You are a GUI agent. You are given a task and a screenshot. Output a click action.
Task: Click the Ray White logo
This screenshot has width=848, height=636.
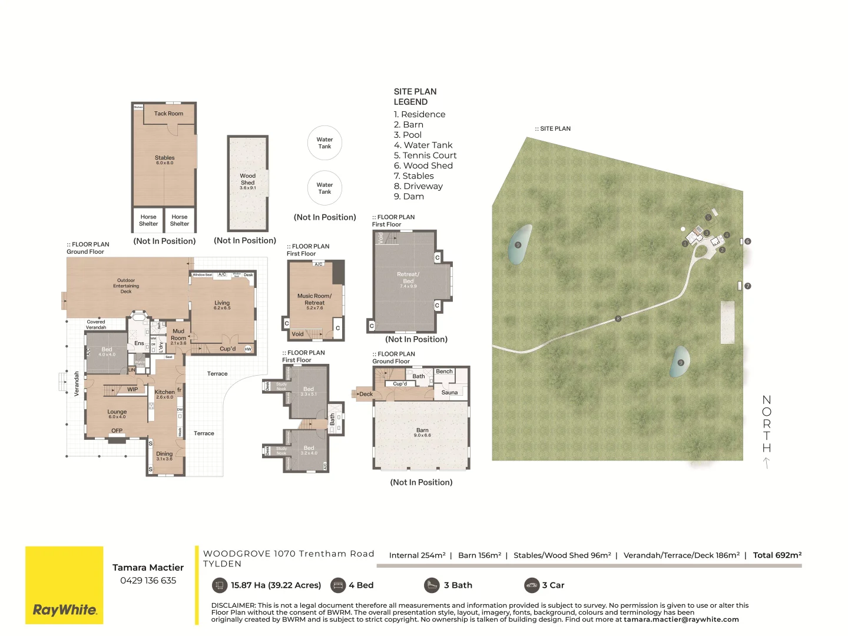[64, 609]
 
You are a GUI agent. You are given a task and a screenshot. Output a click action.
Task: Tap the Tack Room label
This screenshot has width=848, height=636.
[168, 114]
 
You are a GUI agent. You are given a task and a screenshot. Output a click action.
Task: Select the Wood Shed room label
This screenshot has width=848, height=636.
[248, 180]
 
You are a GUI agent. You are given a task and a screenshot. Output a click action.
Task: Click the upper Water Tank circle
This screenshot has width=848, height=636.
[324, 143]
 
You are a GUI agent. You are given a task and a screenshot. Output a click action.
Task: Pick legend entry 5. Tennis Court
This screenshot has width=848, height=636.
[425, 155]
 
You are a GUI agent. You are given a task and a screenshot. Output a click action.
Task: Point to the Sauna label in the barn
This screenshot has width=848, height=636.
[449, 393]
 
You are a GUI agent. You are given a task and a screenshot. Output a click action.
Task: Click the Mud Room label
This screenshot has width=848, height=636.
[178, 334]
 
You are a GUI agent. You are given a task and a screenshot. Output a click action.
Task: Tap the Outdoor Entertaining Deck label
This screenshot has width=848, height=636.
[126, 286]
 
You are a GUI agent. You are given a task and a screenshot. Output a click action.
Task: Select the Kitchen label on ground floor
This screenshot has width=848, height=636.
[164, 392]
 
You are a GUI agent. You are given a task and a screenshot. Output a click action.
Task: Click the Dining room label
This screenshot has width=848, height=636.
[164, 454]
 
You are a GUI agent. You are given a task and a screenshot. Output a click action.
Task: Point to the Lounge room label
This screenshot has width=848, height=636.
[117, 412]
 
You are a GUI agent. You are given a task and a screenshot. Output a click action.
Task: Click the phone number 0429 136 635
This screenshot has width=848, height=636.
[148, 581]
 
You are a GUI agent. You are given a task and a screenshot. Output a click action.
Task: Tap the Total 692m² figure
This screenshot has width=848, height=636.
[777, 555]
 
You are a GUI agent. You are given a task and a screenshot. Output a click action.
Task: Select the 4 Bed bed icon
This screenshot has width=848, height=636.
[338, 585]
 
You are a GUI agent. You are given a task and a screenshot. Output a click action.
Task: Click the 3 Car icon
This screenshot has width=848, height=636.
[532, 585]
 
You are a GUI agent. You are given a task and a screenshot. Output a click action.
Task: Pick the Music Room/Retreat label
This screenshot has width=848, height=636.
[314, 300]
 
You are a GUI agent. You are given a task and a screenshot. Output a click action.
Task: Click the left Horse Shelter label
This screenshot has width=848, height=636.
[148, 220]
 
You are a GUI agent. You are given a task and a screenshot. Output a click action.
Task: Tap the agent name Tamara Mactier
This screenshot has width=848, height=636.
[148, 568]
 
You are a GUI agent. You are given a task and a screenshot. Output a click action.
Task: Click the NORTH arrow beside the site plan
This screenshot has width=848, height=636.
[766, 463]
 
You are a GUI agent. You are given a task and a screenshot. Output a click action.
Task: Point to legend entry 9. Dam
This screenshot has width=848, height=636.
[409, 197]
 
